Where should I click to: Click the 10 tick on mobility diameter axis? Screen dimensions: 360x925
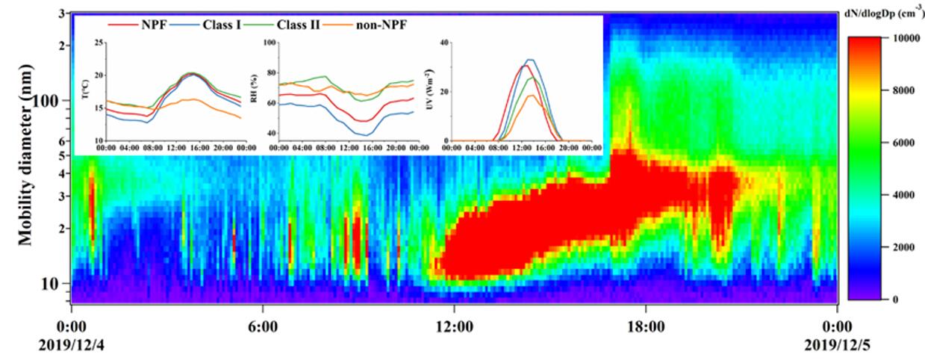(x=57, y=284)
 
